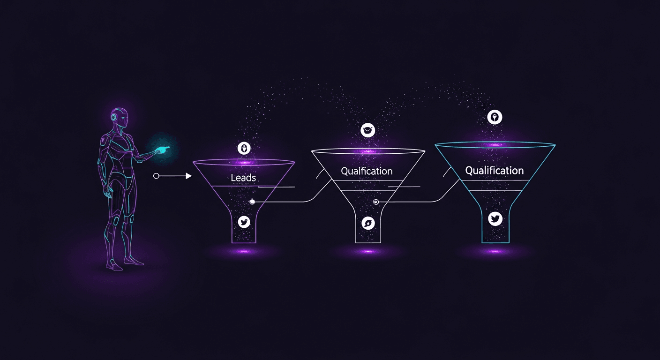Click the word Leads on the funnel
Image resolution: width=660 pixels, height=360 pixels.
pyautogui.click(x=243, y=178)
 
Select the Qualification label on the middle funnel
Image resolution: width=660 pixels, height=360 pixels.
pyautogui.click(x=367, y=171)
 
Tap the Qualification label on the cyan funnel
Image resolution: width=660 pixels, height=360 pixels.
pyautogui.click(x=494, y=170)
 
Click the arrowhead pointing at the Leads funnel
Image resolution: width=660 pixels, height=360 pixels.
pyautogui.click(x=188, y=176)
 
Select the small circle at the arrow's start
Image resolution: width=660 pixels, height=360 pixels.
pyautogui.click(x=156, y=176)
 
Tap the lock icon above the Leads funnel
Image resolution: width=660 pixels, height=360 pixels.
pyautogui.click(x=244, y=149)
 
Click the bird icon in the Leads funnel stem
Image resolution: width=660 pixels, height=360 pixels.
pyautogui.click(x=244, y=222)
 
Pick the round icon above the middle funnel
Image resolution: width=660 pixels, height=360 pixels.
pyautogui.click(x=368, y=130)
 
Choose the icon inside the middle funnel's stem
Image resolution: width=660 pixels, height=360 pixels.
pyautogui.click(x=368, y=223)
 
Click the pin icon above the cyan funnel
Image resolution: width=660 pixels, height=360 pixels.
pyautogui.click(x=495, y=117)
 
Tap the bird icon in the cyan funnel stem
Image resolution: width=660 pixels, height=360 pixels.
pyautogui.click(x=495, y=218)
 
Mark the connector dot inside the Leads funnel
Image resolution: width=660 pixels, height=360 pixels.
pyautogui.click(x=252, y=202)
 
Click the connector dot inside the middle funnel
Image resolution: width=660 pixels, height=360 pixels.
pyautogui.click(x=375, y=202)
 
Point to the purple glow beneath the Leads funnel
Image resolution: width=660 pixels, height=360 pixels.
pyautogui.click(x=244, y=252)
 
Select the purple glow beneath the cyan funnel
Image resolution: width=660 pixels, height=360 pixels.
pyautogui.click(x=495, y=252)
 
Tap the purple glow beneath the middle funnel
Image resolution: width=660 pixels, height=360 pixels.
pyautogui.click(x=368, y=252)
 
